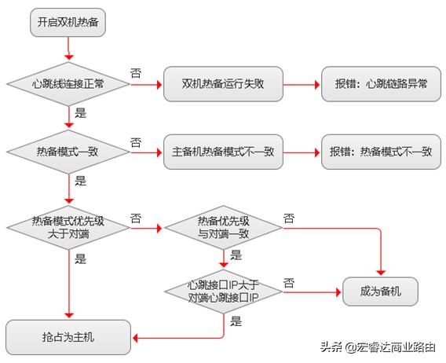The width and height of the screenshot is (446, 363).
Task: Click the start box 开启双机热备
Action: coord(68,22)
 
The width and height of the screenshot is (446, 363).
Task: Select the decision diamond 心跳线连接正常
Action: coord(68,82)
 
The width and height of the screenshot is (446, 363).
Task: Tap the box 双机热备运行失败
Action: coord(223,82)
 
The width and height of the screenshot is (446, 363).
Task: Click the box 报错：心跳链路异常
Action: coord(381,82)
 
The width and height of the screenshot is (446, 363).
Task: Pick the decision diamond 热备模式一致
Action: coord(68,152)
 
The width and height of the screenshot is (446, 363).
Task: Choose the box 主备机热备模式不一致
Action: coord(223,152)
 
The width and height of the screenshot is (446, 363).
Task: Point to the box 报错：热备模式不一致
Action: coord(381,152)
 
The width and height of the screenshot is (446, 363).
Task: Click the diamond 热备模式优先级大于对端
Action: coord(68,229)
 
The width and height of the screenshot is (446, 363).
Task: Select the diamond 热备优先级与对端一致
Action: coord(223,229)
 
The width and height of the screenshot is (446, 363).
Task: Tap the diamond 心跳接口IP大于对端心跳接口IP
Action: coord(223,291)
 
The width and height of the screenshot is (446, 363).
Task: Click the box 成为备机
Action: coord(381,291)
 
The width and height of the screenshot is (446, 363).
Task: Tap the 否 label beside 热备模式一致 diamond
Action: coord(136,142)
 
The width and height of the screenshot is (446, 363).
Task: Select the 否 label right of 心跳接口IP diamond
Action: coord(289,281)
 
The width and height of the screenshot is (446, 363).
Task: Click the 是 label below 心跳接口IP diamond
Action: coord(236,321)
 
